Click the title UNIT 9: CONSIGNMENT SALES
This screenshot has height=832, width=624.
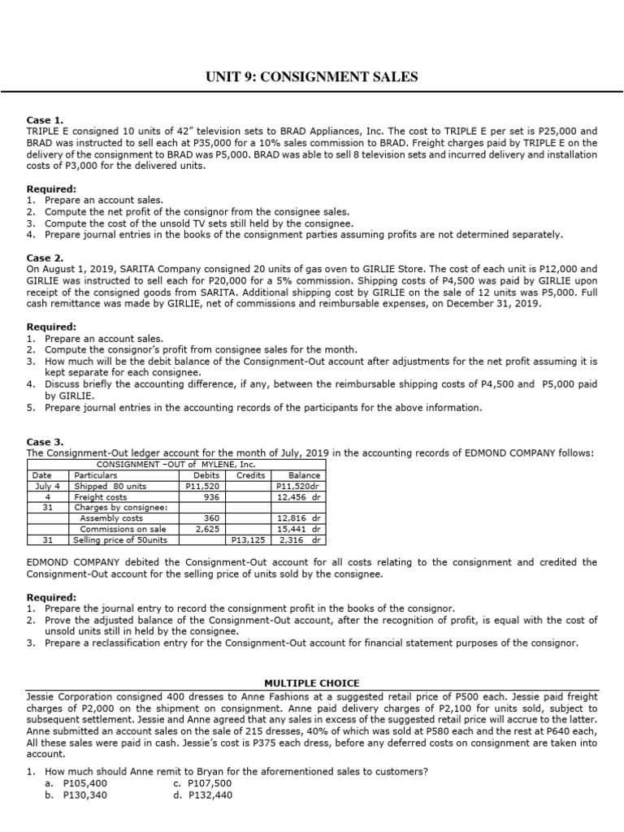311,77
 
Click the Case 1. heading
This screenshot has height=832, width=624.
46,119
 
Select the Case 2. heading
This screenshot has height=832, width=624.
46,257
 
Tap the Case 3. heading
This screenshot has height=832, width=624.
46,442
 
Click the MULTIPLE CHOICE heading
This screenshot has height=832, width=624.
312,683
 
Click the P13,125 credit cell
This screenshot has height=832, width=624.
249,539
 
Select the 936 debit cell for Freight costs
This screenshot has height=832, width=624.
212,496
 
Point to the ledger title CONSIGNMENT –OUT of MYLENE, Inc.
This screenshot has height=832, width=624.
175,464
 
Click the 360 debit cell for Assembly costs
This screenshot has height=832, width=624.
212,518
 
